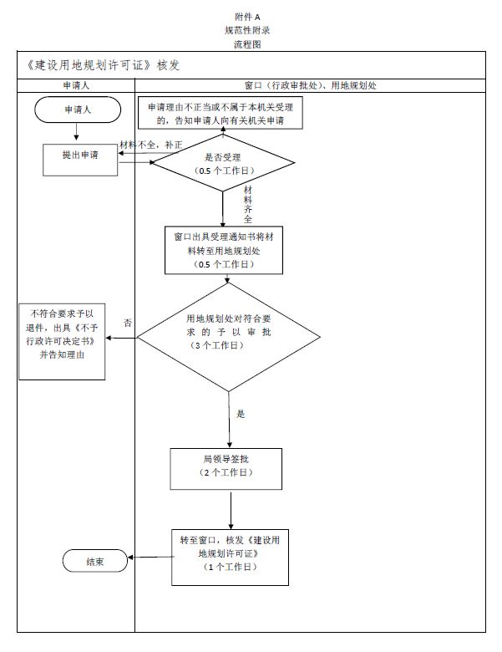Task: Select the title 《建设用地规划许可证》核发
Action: (99, 64)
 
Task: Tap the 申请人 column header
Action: (75, 85)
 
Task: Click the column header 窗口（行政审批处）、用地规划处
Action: (315, 85)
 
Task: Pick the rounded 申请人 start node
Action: (76, 110)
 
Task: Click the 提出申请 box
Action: (80, 155)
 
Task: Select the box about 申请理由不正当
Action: (221, 114)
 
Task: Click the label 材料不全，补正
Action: (151, 145)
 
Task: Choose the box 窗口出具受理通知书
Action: (223, 250)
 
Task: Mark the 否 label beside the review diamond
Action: (128, 322)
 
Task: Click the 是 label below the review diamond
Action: (241, 413)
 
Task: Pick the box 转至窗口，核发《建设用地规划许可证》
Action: (223, 553)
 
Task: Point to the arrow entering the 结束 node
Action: (150, 558)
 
